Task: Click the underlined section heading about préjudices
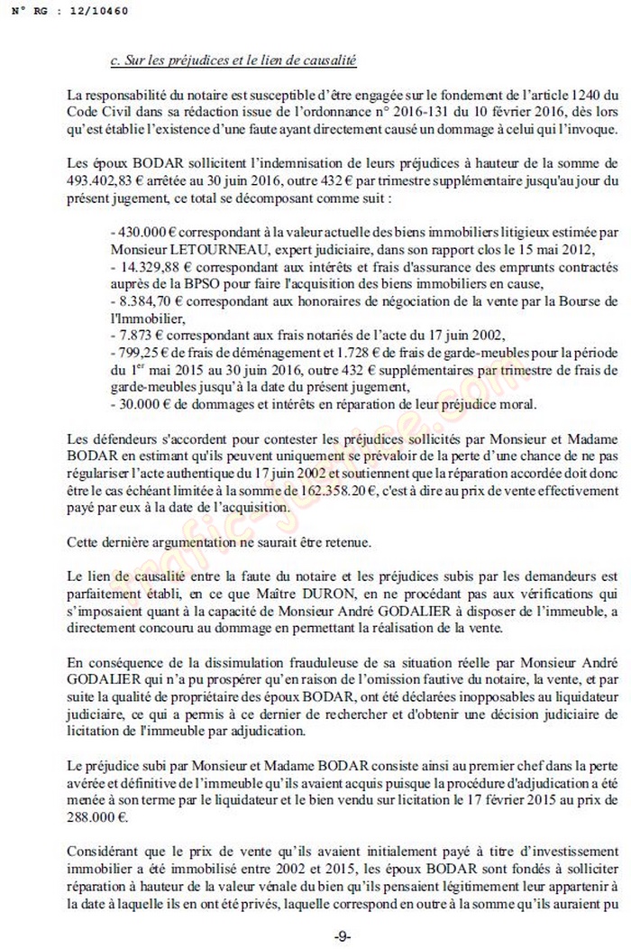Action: coord(233,61)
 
